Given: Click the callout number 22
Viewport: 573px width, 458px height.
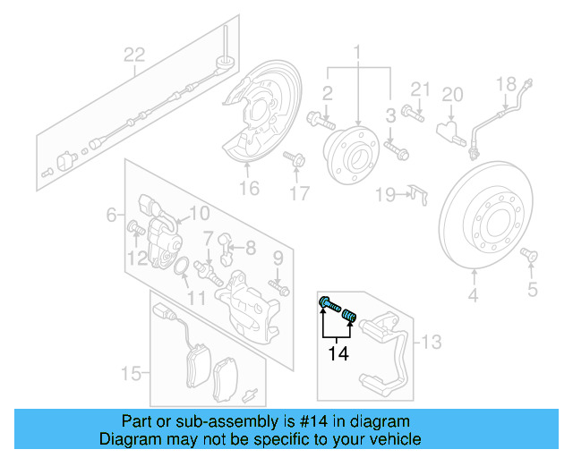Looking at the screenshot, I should [x=133, y=55].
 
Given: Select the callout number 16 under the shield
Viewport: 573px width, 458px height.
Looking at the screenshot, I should [x=249, y=188].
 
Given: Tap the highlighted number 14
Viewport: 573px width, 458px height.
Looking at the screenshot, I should [x=338, y=354].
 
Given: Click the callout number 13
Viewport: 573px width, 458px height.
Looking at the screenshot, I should [x=432, y=341].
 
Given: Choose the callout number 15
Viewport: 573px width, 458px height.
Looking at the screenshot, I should [x=132, y=372].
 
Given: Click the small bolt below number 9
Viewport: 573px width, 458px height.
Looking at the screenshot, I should [x=283, y=288].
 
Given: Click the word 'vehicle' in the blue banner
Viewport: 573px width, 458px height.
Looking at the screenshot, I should [x=394, y=439].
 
